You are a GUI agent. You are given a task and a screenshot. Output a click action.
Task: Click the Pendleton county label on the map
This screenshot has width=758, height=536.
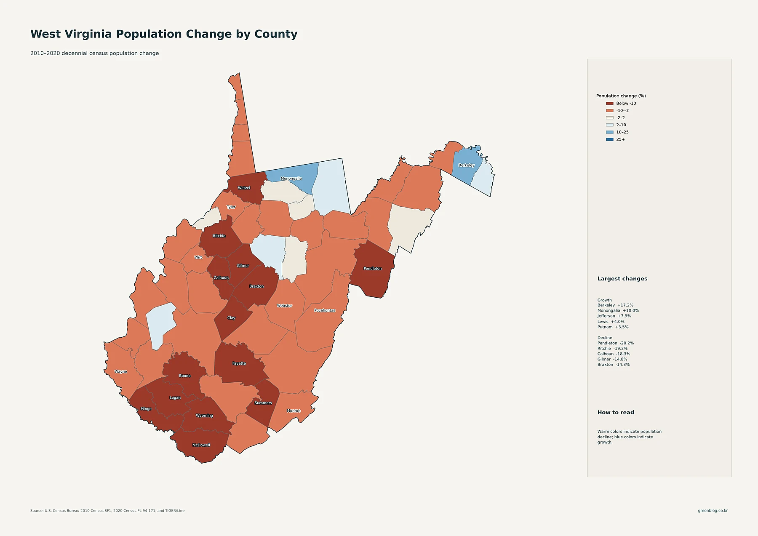(x=373, y=269)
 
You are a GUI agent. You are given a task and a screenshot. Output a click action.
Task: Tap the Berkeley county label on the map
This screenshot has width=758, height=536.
(x=467, y=165)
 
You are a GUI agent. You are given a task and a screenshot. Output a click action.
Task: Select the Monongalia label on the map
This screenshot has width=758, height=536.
(x=291, y=179)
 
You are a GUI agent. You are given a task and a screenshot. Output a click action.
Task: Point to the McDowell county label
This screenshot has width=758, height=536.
(x=201, y=445)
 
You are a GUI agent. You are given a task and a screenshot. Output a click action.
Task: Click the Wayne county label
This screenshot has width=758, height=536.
(x=121, y=372)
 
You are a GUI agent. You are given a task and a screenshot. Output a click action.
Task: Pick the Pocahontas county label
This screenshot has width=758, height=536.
(x=325, y=311)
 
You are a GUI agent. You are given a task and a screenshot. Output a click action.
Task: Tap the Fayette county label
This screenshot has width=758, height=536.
(x=239, y=363)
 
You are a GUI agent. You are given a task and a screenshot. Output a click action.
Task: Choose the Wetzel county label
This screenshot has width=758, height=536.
(x=244, y=188)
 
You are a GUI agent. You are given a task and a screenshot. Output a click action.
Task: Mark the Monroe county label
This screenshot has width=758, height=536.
(x=294, y=411)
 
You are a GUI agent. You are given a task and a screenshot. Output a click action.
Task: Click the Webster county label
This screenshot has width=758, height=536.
(x=285, y=306)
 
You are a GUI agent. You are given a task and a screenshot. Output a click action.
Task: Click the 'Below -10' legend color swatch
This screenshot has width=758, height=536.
(x=610, y=104)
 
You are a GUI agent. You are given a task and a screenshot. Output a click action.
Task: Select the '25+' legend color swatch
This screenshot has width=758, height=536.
(x=610, y=139)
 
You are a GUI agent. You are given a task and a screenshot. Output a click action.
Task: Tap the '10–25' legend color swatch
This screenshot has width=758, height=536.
(x=610, y=132)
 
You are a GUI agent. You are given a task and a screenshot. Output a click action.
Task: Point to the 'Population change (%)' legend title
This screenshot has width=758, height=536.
(x=621, y=96)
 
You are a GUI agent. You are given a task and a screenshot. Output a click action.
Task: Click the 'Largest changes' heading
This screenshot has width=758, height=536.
(x=622, y=279)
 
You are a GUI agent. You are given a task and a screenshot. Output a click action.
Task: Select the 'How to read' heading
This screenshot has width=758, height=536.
(x=616, y=413)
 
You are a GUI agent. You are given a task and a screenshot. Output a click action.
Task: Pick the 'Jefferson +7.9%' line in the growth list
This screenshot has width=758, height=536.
(x=614, y=316)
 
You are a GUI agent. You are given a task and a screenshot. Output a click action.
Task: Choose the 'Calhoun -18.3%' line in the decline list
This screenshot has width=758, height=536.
(x=614, y=354)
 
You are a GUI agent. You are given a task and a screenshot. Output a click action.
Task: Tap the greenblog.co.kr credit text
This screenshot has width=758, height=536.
(x=713, y=511)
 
